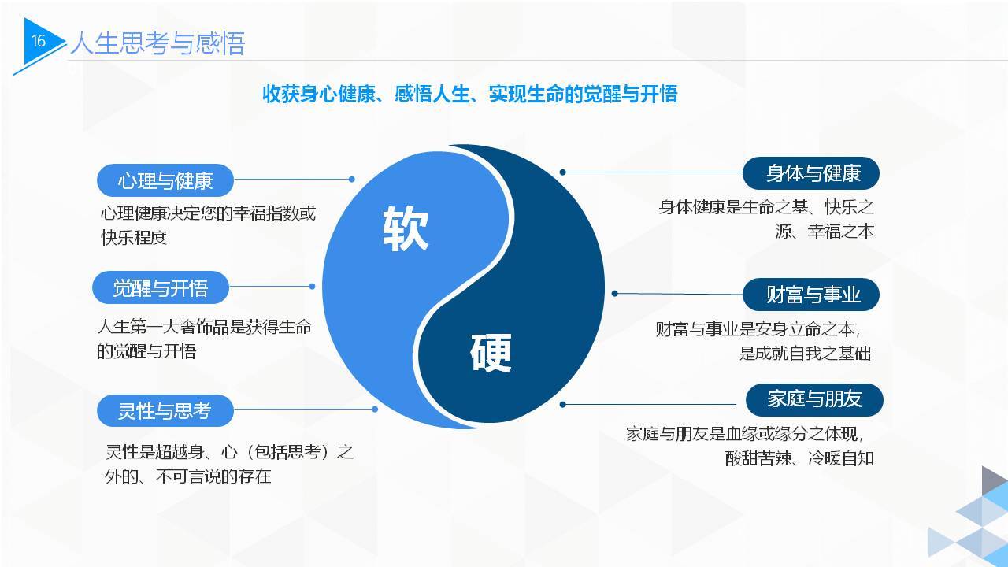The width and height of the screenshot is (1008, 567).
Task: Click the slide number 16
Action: pos(39,41)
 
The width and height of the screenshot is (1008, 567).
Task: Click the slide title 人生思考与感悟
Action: pos(157,43)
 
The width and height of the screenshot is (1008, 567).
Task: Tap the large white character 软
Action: pos(406,228)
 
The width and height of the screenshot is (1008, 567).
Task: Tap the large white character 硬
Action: pos(491,353)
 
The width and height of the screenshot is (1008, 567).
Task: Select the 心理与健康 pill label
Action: pos(165,180)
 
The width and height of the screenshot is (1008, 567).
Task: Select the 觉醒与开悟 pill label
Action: pos(161,287)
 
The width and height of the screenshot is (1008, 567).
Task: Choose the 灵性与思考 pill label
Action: pos(165,410)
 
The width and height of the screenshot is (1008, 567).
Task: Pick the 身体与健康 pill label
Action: pos(811,173)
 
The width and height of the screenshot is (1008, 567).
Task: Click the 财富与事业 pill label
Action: pos(811,295)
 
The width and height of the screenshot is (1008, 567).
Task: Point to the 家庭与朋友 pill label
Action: pos(814,399)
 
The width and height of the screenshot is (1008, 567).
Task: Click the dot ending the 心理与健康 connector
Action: pos(352,179)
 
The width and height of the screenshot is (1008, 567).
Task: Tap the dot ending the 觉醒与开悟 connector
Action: pos(313,286)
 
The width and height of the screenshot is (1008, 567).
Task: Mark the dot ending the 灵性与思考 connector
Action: pos(375,409)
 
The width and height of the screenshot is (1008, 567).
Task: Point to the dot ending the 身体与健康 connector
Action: pos(562,172)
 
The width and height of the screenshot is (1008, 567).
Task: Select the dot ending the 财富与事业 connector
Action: pos(615,294)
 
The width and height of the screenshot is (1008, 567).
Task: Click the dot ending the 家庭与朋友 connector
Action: pos(562,405)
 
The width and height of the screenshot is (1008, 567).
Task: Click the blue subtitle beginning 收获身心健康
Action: pos(470,94)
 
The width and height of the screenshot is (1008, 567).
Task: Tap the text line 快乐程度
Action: pos(134,238)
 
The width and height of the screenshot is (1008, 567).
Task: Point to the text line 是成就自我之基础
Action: pos(805,354)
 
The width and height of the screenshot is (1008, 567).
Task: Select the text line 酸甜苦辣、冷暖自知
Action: pos(799,458)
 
